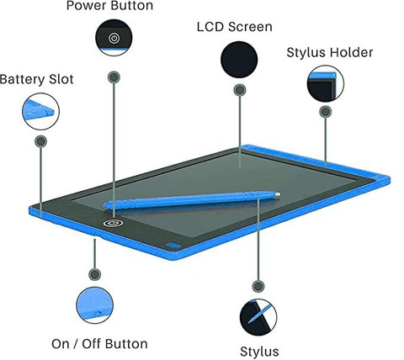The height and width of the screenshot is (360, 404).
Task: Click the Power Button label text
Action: coord(109,6)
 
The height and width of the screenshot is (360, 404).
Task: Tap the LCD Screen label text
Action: coord(235,27)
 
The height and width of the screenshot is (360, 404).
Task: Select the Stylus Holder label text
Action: coord(330,52)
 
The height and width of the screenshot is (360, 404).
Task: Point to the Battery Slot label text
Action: coord(37,79)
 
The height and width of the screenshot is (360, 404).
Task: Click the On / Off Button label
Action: coord(99,344)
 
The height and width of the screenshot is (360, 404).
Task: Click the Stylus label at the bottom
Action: coord(259,352)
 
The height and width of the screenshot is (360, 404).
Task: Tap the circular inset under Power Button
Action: coord(114,37)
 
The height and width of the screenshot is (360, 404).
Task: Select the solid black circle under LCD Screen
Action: coord(239,60)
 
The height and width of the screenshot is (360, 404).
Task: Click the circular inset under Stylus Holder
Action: coord(326,83)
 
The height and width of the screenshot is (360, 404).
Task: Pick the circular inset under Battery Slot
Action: coord(40,111)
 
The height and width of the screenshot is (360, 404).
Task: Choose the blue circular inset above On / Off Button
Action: coord(95,305)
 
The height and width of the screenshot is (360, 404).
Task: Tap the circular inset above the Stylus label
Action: coord(258,317)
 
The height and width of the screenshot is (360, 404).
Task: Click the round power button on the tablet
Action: coord(113,223)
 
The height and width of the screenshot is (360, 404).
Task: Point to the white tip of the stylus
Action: coord(278,194)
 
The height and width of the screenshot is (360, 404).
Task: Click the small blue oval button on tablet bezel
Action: coord(173,246)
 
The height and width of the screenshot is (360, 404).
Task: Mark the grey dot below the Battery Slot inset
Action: coord(40,141)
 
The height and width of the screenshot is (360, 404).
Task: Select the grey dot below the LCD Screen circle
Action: coord(240,90)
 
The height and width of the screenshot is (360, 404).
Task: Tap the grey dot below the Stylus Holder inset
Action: coord(326,112)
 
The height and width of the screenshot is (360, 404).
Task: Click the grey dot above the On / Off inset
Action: coord(94,274)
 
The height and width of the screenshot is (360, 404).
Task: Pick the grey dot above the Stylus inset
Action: coord(258,286)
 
